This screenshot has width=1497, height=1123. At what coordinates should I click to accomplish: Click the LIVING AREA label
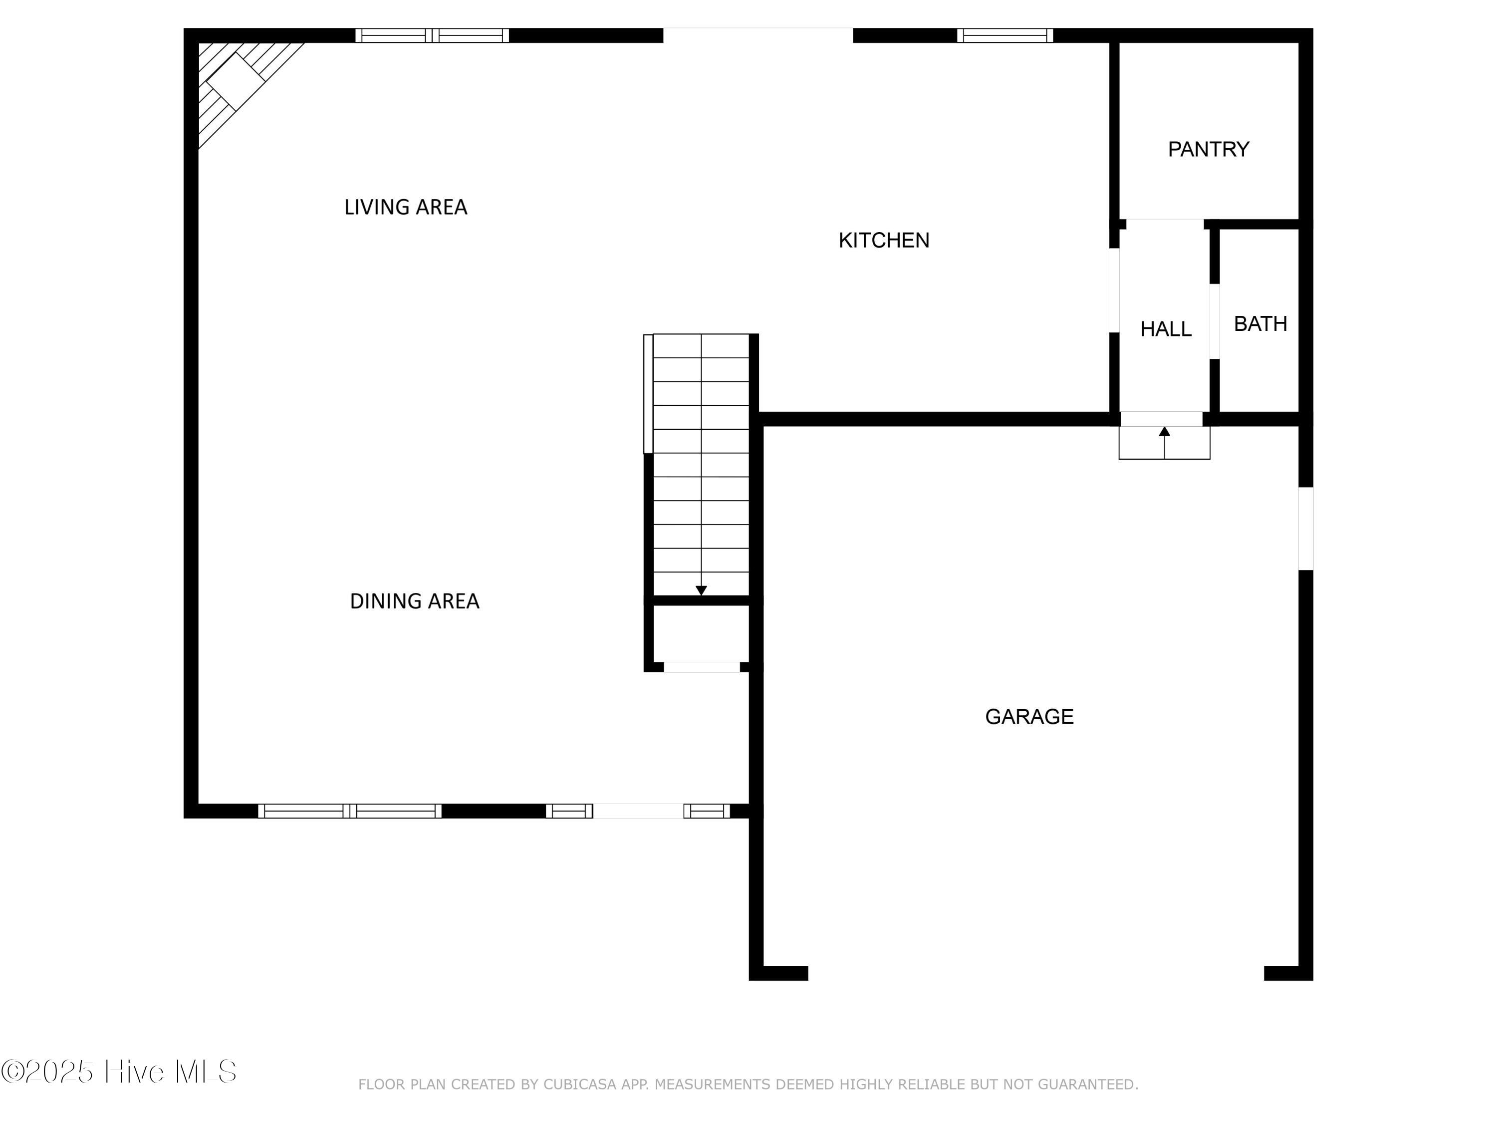[x=405, y=207]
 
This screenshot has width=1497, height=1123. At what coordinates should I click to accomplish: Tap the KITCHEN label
[x=883, y=240]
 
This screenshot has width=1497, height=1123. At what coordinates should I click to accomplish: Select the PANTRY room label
[x=1208, y=149]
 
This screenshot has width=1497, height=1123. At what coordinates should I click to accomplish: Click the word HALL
[x=1165, y=329]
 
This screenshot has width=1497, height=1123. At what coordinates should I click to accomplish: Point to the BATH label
[x=1260, y=323]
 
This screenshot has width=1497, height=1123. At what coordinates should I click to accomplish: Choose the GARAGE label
[x=1028, y=716]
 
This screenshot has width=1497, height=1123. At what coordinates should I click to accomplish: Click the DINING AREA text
[x=414, y=601]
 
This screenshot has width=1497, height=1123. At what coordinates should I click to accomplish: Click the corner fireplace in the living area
[x=236, y=81]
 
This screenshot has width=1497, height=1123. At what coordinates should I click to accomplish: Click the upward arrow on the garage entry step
[x=1164, y=433]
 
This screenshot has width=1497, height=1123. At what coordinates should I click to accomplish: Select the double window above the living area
[x=432, y=35]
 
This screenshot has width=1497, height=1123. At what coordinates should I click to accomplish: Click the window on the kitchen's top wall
[x=1004, y=35]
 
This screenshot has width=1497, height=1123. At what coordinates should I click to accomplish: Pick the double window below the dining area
[x=349, y=811]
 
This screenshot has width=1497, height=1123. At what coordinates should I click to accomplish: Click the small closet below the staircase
[x=701, y=633]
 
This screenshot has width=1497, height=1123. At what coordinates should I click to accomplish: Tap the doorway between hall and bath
[x=1214, y=321]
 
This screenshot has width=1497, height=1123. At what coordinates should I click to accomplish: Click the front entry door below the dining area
[x=638, y=811]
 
